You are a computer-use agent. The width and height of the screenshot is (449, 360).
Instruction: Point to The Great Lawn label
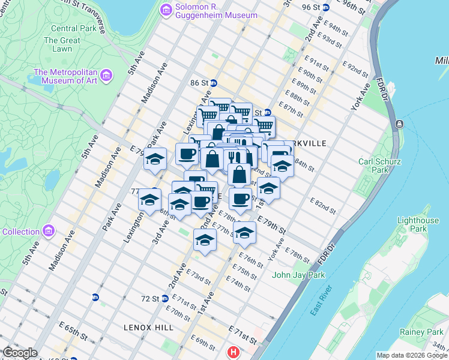click(x=62, y=45)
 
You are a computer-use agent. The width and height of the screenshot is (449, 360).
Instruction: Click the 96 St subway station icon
click(x=326, y=7)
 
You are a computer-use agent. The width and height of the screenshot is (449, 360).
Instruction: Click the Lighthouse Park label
click(x=418, y=225)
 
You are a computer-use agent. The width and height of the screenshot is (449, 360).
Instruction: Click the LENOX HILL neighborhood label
click(x=148, y=328)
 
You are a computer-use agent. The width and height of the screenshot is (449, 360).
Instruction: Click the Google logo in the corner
click(x=20, y=353)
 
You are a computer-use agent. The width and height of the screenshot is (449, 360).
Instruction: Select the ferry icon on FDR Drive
click(x=400, y=124)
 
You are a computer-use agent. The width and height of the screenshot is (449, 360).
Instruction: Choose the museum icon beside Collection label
click(x=49, y=231)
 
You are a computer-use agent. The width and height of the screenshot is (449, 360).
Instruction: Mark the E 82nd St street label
click(x=323, y=205)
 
